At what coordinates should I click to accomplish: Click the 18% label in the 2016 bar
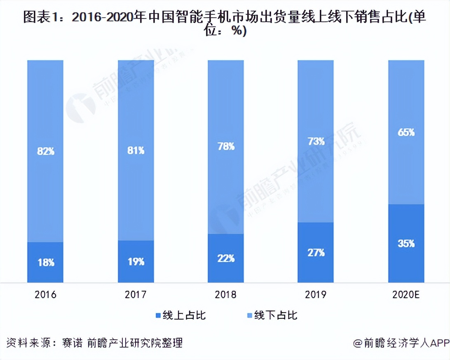(x=45, y=262)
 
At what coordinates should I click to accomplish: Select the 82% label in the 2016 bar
(x=45, y=151)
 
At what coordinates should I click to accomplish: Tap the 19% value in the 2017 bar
(x=136, y=262)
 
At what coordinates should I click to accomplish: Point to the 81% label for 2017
(x=136, y=151)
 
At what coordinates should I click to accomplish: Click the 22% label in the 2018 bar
(x=226, y=258)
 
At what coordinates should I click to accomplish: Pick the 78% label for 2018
(x=226, y=146)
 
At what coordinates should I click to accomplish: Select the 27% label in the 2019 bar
(x=316, y=252)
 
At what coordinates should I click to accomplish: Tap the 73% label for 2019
(x=316, y=141)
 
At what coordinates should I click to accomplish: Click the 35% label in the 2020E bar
(x=406, y=243)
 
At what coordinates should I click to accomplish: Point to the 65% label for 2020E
(x=406, y=133)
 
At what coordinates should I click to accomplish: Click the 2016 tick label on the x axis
(x=45, y=295)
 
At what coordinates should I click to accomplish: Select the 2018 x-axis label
(x=226, y=295)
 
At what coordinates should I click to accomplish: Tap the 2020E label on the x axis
(x=406, y=295)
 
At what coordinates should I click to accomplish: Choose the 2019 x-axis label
(x=316, y=295)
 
